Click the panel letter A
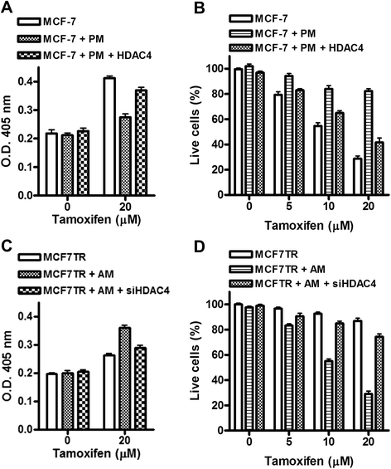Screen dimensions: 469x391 (x=7, y=7)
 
